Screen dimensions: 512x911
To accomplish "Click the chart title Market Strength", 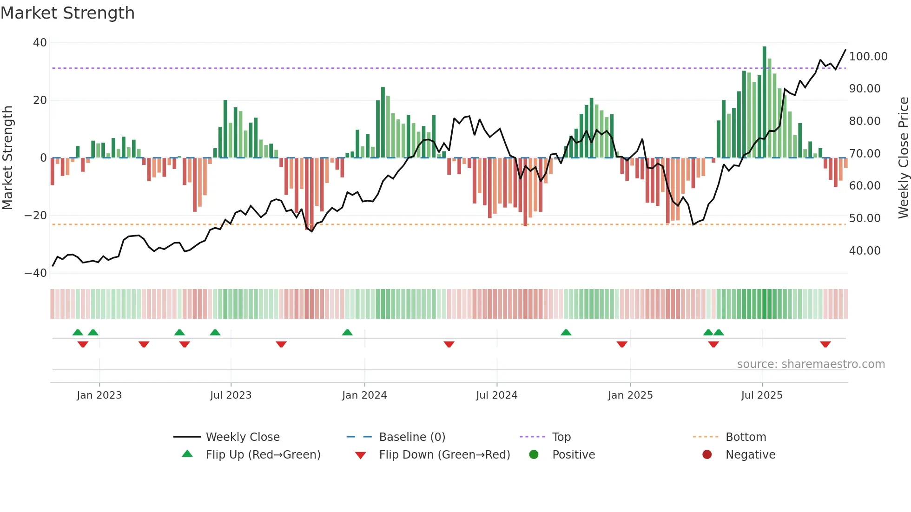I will [x=67, y=13].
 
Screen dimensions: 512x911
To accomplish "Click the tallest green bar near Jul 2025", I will [x=764, y=102].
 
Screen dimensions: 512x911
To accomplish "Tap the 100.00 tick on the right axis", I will [x=868, y=57].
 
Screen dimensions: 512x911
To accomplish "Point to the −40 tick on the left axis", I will [x=36, y=273].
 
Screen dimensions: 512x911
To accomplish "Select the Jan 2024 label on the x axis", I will [x=364, y=395].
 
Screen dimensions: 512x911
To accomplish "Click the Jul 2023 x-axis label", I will [x=231, y=395].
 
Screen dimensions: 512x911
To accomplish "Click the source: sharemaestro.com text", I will [x=811, y=364].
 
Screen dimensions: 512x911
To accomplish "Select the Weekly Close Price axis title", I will [x=903, y=158].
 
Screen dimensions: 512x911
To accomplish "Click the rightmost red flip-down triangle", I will [x=825, y=344].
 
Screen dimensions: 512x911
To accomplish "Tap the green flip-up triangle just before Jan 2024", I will [x=347, y=332].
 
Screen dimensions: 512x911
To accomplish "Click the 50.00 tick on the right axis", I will [x=865, y=218].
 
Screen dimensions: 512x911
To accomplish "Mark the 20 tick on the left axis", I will [x=40, y=100].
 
